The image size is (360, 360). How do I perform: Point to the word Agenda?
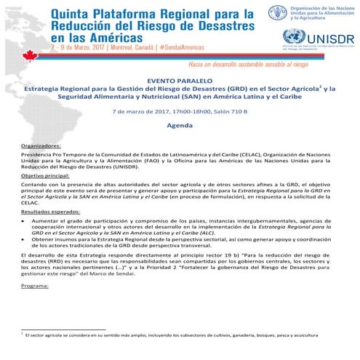[x=179, y=125]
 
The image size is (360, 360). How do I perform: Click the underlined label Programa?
[x=35, y=286]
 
